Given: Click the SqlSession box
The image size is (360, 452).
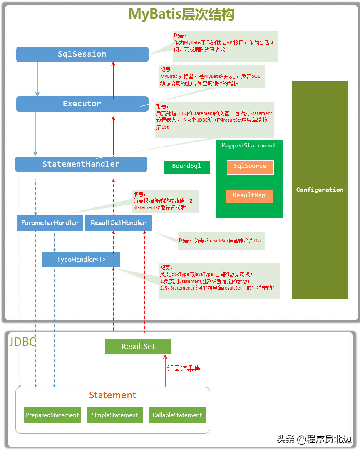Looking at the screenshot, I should tap(82, 54).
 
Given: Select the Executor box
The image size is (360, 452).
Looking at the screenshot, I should tap(82, 104).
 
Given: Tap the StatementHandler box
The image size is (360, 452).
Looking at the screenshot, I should tap(81, 164).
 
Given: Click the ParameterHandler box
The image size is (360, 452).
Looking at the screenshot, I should tap(50, 223).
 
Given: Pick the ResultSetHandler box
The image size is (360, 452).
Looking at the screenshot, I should tap(118, 223).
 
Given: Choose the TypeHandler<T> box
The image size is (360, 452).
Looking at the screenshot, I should tap(81, 260).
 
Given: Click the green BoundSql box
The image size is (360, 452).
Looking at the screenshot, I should tap(186, 166).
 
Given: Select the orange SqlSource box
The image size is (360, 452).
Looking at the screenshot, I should tap(250, 167).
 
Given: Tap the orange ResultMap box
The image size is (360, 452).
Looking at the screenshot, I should tap(249, 195).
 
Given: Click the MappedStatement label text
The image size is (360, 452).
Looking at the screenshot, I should tap(249, 145).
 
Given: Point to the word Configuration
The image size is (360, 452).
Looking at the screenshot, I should tap(320, 190).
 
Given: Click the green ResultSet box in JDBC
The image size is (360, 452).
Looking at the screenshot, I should tap(138, 347).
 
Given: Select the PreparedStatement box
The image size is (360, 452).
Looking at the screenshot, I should tap(52, 415).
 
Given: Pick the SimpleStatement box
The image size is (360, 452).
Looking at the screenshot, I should tap(114, 415).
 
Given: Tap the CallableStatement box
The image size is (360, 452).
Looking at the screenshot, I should tap(177, 415).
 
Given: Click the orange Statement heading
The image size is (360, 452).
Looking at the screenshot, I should tap(112, 395).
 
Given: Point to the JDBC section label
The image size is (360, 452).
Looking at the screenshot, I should tap(22, 342).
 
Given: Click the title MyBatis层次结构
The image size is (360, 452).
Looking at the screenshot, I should tap(181, 14).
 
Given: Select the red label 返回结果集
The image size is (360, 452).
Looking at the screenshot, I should tap(184, 368).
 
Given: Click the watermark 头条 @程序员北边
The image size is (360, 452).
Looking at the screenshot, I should tap(314, 439).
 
